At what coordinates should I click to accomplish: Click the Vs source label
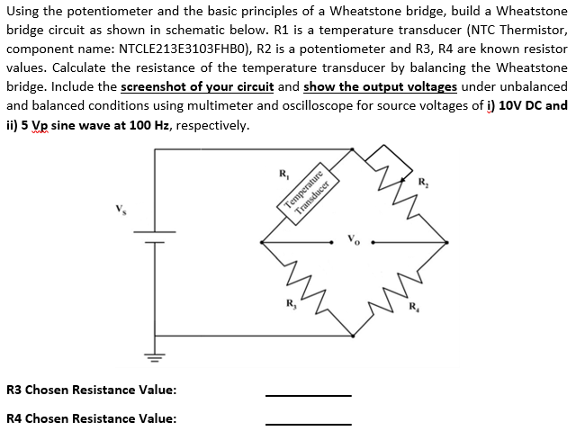point(112,213)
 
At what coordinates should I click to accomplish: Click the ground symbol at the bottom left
point(154,360)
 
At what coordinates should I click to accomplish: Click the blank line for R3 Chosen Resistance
point(308,394)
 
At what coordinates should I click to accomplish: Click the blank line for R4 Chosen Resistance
point(308,423)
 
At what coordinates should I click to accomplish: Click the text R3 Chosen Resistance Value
point(91,390)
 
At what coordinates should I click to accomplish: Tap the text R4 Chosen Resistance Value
point(91,418)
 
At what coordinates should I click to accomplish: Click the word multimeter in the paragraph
point(251,105)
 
